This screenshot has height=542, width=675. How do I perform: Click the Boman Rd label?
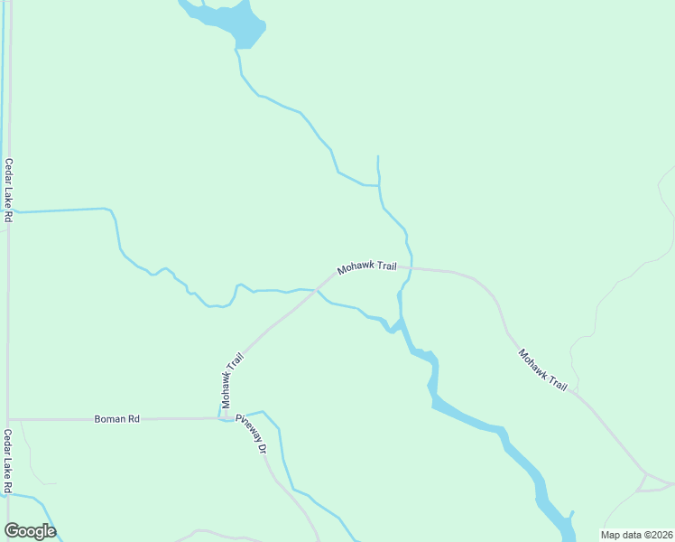click(117, 419)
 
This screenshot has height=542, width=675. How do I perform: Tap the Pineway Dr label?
click(252, 435)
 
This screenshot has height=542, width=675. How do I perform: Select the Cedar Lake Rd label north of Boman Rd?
click(8, 191)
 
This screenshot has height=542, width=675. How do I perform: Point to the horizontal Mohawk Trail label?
click(367, 267)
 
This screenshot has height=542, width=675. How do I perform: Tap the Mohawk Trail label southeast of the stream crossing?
click(543, 369)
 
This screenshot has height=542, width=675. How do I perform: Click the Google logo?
click(30, 531)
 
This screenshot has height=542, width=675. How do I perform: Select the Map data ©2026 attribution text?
click(635, 535)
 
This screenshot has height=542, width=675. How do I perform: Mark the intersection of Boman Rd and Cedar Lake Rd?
click(8, 419)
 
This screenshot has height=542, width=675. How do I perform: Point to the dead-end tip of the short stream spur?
click(377, 156)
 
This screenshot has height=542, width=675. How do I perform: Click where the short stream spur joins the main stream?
click(379, 186)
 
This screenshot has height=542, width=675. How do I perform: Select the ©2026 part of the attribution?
click(655, 535)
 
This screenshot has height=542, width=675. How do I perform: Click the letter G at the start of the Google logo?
click(12, 531)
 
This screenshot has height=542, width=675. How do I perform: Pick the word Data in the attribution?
click(630, 535)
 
